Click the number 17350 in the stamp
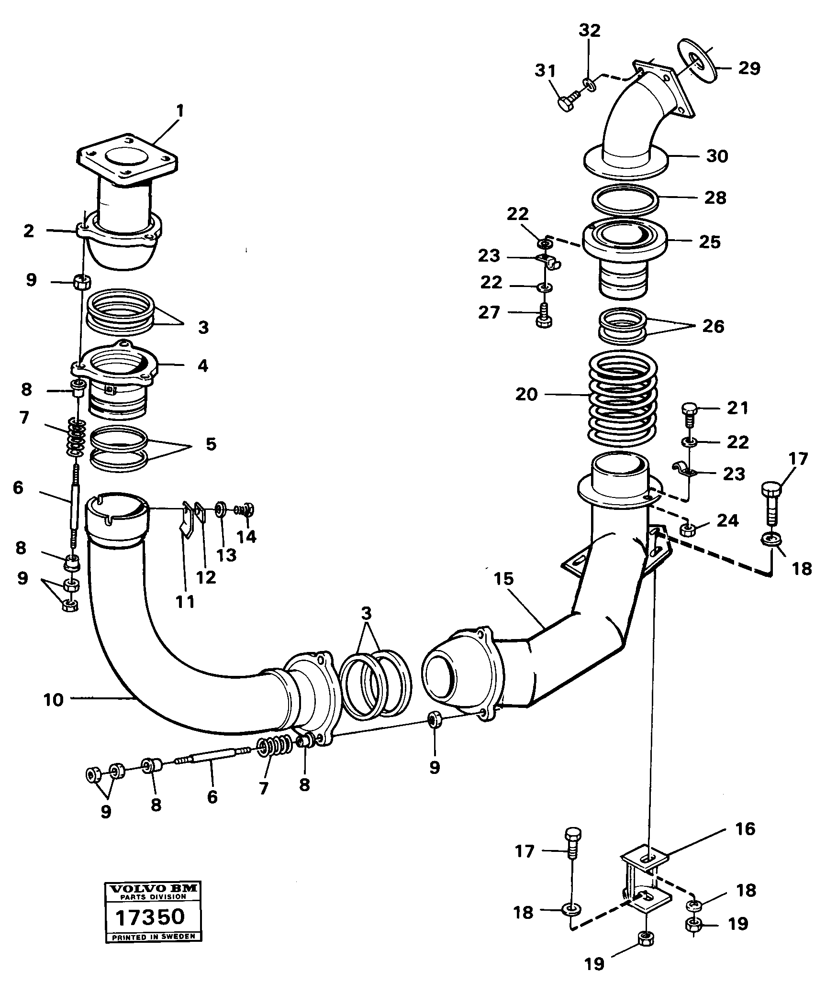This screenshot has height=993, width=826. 150,917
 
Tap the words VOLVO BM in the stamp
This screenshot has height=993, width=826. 153,889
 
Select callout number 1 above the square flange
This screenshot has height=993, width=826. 179,111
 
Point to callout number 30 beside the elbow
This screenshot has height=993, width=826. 716,156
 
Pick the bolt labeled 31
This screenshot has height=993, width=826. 568,103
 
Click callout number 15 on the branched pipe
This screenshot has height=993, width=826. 504,578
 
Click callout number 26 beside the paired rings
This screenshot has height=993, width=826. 713,327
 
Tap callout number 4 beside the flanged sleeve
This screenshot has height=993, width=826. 202,366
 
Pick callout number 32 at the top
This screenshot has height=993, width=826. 589,31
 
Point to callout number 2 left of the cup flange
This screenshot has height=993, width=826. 29,231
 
